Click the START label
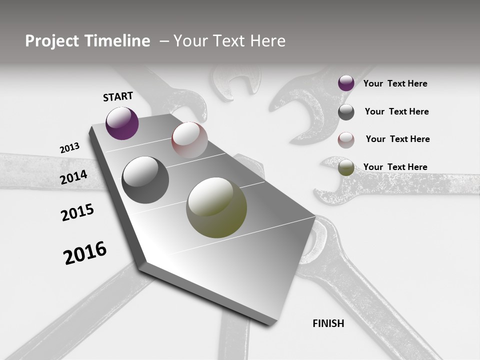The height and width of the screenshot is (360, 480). pos(118,96)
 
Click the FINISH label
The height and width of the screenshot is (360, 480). pos(328,323)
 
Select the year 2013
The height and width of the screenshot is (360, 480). pos(69,148)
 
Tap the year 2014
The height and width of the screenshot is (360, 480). pos(74,177)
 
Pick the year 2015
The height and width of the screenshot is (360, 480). pos(77,212)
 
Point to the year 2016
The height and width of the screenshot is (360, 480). pos(85,253)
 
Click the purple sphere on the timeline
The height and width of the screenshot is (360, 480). pos(122,123)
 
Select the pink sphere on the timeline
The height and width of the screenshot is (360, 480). pos(189,140)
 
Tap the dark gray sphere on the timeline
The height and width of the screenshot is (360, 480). pos(145,180)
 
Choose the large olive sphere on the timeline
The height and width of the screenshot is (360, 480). pos(216,207)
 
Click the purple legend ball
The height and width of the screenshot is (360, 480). pos(346,83)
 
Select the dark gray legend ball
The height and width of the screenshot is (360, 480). pos(346,112)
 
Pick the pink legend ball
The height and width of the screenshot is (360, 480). pos(346,140)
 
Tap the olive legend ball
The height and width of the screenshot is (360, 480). pos(346,168)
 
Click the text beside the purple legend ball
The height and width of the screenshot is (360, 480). pos(395,83)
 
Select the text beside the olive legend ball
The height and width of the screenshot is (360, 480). pos(395,167)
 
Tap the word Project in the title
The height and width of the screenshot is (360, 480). pos(49,41)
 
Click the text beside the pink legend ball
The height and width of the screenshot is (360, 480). pos(397,139)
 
